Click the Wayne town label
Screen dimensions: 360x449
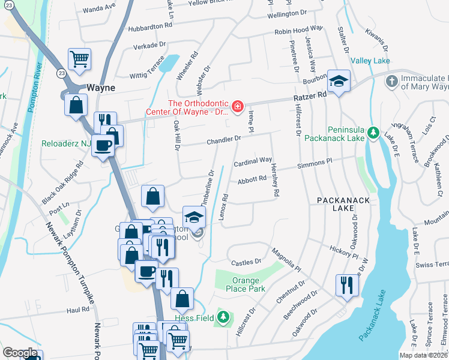tap(100, 87)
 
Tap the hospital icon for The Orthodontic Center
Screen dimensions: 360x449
tap(238, 107)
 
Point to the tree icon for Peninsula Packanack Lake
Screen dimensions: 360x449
tap(373, 131)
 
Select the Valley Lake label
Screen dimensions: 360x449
tap(370, 61)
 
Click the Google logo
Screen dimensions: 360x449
tap(20, 353)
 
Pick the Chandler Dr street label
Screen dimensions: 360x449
tap(223, 140)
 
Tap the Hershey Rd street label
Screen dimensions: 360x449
tap(276, 180)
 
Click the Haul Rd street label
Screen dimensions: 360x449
tap(77, 310)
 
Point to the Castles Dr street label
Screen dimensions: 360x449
tap(247, 262)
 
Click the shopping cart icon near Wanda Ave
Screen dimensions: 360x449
tap(80, 59)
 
